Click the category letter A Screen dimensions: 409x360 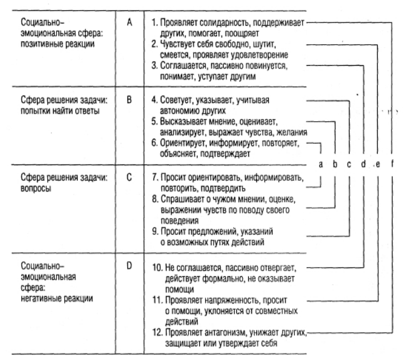(x=129, y=23)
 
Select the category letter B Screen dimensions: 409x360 (x=129, y=100)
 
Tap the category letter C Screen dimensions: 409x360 (x=129, y=178)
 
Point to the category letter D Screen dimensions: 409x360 (x=129, y=266)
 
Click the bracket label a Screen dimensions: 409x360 (x=321, y=164)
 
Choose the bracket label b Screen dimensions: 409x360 (x=335, y=164)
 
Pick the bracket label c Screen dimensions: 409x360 (x=349, y=164)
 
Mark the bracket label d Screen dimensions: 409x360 (x=363, y=164)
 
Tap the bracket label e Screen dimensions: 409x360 (x=378, y=164)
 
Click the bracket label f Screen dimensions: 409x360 (x=392, y=164)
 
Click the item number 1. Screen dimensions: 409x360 (x=155, y=23)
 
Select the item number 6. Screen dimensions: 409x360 (x=155, y=143)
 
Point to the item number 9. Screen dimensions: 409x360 (x=155, y=231)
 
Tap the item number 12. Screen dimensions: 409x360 (x=158, y=332)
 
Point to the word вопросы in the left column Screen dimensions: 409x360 (x=36, y=188)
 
